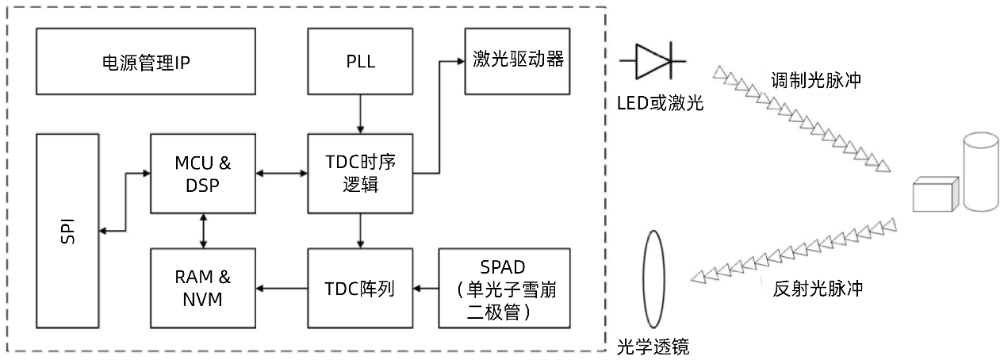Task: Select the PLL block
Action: point(360,62)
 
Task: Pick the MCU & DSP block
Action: point(203,173)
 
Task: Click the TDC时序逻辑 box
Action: point(360,173)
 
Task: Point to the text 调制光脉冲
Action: point(816,81)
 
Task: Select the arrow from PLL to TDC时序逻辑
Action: point(360,113)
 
